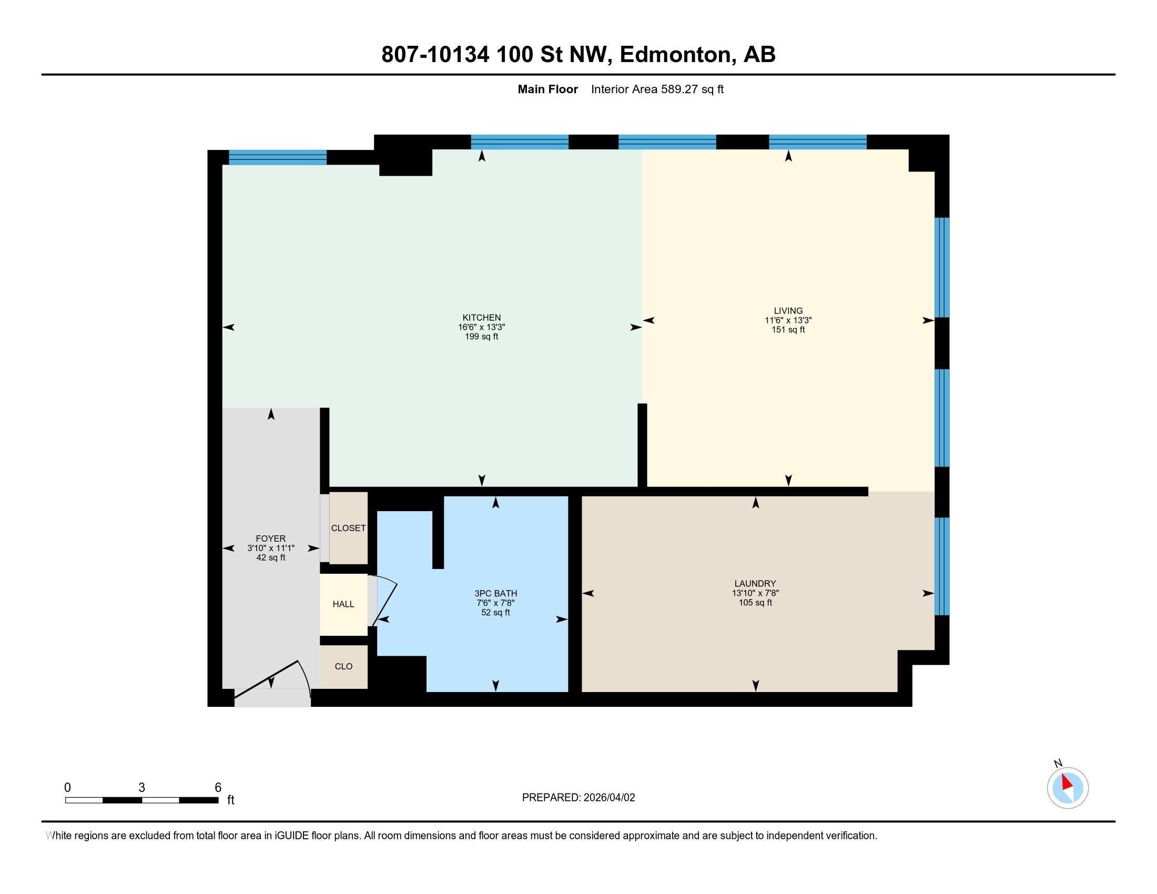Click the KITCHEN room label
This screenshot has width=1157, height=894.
(481, 318)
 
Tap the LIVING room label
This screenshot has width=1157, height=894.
(788, 311)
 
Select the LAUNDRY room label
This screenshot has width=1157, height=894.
(755, 584)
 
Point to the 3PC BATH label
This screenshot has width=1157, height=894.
(495, 593)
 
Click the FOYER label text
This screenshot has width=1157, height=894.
(270, 539)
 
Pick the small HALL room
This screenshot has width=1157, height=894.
(343, 604)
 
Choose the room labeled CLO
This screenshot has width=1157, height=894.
(343, 666)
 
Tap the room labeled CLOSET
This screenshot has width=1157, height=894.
(348, 528)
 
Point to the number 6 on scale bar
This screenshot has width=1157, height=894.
(218, 788)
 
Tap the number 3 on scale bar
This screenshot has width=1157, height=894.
(141, 788)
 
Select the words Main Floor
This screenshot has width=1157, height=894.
(547, 89)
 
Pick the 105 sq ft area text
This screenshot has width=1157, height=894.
(755, 603)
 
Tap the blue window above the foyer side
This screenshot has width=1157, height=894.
(277, 157)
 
